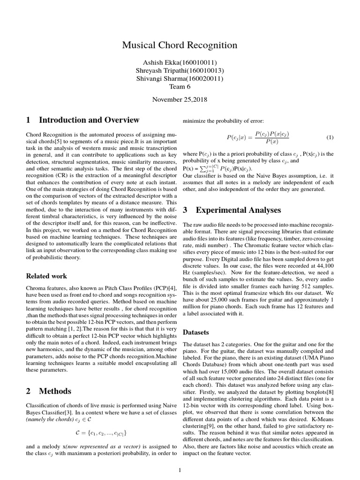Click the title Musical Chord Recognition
click(x=180, y=45)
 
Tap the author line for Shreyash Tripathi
click(x=180, y=71)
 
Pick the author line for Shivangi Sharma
click(x=180, y=79)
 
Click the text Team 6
click(x=180, y=87)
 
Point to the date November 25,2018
click(x=180, y=99)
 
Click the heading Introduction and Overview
click(x=89, y=120)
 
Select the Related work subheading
click(x=46, y=276)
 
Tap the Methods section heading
click(x=55, y=391)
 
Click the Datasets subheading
click(x=195, y=332)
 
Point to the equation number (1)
click(x=330, y=138)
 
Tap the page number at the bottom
click(x=180, y=469)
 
